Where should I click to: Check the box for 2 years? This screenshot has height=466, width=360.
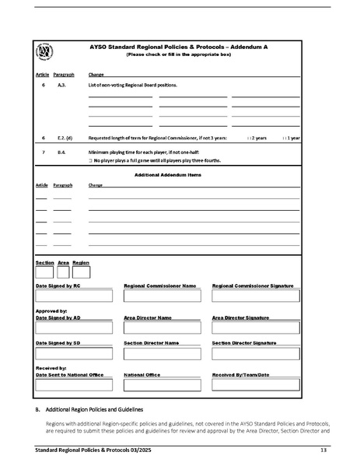click(x=248, y=138)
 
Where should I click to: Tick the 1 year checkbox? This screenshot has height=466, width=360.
click(x=284, y=138)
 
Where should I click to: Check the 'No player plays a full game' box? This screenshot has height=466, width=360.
click(x=91, y=160)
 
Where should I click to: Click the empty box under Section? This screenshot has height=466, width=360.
click(x=44, y=272)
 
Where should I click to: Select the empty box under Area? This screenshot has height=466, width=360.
click(x=63, y=272)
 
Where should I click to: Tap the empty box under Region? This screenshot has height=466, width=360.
click(x=81, y=272)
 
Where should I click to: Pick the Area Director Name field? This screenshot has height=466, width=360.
click(x=163, y=328)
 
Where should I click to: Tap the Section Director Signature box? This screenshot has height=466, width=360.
click(x=255, y=352)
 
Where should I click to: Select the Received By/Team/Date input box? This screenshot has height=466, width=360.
click(x=255, y=384)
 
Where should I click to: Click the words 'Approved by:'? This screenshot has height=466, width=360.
click(x=51, y=310)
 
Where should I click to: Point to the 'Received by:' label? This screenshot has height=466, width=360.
click(x=51, y=367)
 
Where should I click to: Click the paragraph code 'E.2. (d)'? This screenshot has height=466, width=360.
click(x=65, y=138)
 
